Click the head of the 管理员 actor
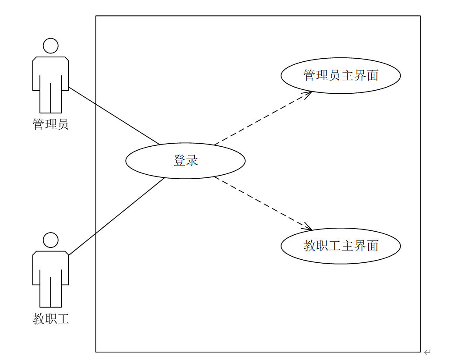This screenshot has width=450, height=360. pyautogui.click(x=51, y=46)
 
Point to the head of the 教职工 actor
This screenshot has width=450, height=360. pyautogui.click(x=51, y=240)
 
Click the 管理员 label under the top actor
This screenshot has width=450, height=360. pyautogui.click(x=51, y=124)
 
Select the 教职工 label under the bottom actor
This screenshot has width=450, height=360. pyautogui.click(x=51, y=318)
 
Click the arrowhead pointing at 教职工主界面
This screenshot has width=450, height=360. pyautogui.click(x=308, y=228)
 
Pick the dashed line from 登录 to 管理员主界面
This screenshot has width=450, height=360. pyautogui.click(x=263, y=118)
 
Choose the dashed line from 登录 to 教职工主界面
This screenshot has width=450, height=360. pyautogui.click(x=263, y=203)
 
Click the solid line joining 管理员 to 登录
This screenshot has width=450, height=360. pyautogui.click(x=114, y=116)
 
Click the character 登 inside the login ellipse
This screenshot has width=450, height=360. pyautogui.click(x=180, y=160)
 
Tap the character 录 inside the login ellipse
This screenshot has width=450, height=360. pyautogui.click(x=192, y=160)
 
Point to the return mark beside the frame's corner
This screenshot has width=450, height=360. pyautogui.click(x=428, y=352)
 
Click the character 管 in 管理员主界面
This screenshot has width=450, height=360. pyautogui.click(x=309, y=75)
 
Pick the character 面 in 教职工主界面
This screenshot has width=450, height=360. pyautogui.click(x=373, y=246)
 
